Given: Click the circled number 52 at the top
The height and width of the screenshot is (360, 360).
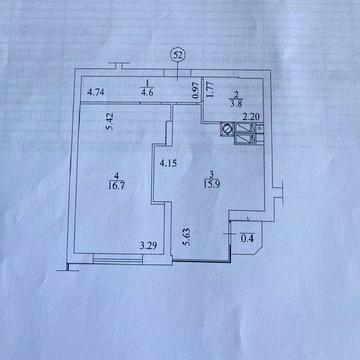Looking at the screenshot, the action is [178, 56].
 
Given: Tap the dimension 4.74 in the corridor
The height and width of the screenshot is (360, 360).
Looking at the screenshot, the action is [96, 93].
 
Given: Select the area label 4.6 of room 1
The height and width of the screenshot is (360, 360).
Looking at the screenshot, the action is [147, 93].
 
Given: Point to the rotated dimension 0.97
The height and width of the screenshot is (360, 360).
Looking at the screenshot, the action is [196, 91].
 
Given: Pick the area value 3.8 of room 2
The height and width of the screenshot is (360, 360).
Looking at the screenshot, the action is [235, 103].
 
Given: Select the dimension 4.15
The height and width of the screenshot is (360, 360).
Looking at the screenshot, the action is [168, 164].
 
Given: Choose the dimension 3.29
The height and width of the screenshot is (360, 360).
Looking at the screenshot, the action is [148, 246].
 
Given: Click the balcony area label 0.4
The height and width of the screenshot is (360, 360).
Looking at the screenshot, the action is [247, 239].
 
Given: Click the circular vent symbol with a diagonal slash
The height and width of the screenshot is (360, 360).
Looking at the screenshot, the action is [227, 129].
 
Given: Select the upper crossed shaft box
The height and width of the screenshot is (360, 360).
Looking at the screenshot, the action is [244, 128].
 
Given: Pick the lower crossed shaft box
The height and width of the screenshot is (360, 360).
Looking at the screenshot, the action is [244, 139].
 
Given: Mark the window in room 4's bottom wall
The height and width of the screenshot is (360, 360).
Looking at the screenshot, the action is [118, 258].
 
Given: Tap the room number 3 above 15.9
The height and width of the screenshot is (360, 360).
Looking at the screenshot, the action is [211, 174].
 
